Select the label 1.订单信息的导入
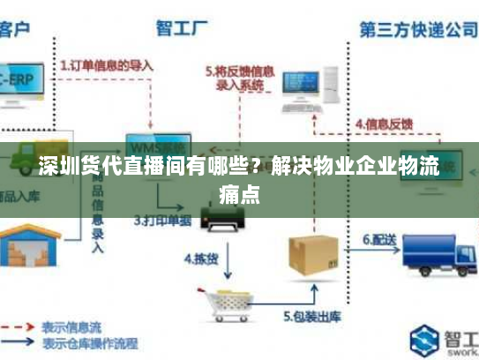pos(107,64)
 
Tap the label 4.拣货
pos(200,259)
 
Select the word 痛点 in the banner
pos(239,192)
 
